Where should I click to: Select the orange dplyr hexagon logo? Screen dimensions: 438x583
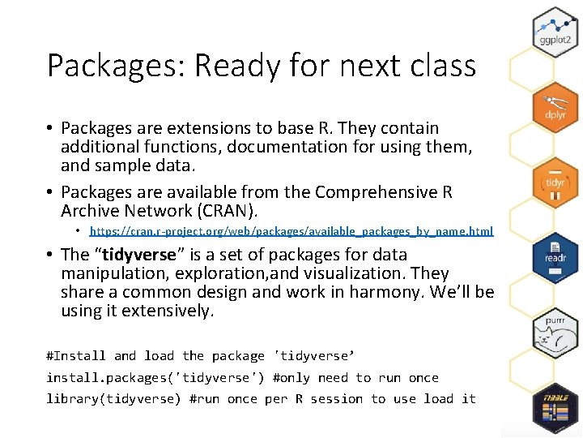tap(555, 105)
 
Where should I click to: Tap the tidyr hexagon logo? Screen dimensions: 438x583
tap(555, 181)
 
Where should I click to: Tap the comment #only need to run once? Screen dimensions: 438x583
tap(355, 378)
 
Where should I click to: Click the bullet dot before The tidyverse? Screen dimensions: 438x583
tap(51, 255)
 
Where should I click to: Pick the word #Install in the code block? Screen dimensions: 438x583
tap(76, 356)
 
